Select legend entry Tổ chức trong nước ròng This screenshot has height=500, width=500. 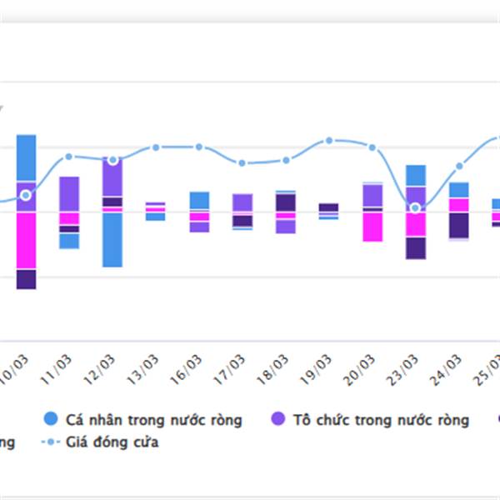coord(381,420)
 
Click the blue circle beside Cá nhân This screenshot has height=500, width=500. coord(51,420)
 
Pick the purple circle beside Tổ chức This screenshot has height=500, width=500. coord(279,420)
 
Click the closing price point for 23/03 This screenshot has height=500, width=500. coord(415,207)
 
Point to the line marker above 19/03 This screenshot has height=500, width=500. coord(329,141)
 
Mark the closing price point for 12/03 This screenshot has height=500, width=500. coord(113,159)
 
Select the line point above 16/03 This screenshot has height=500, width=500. coord(199,147)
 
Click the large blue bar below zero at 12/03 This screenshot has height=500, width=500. coord(112,239)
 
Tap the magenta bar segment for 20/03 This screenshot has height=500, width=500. coord(372,226)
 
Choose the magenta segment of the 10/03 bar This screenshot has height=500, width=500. coord(26,240)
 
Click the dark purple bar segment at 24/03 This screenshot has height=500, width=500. coord(458,225)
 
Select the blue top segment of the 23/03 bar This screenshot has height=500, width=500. coord(416,175)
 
